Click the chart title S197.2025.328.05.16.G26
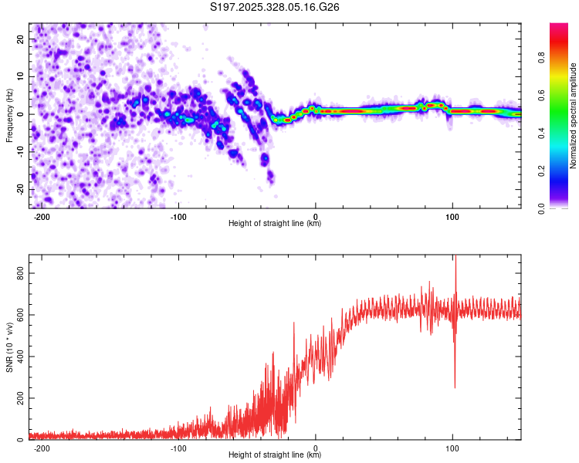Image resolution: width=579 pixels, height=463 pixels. pyautogui.click(x=276, y=7)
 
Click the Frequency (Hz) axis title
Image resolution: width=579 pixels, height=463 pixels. pyautogui.click(x=9, y=115)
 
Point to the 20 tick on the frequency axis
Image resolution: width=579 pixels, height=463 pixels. pyautogui.click(x=22, y=39)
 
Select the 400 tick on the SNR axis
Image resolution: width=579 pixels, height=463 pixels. pyautogui.click(x=19, y=357)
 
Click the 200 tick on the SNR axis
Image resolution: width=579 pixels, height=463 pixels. pyautogui.click(x=19, y=398)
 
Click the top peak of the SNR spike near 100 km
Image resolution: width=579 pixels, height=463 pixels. pyautogui.click(x=455, y=256)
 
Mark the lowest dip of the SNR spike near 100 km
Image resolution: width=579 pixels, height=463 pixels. pyautogui.click(x=455, y=387)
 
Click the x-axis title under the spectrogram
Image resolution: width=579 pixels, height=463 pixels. pyautogui.click(x=276, y=225)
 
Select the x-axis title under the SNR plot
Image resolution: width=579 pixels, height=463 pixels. pyautogui.click(x=276, y=456)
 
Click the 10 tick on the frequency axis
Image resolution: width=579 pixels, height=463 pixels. pyautogui.click(x=22, y=76)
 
